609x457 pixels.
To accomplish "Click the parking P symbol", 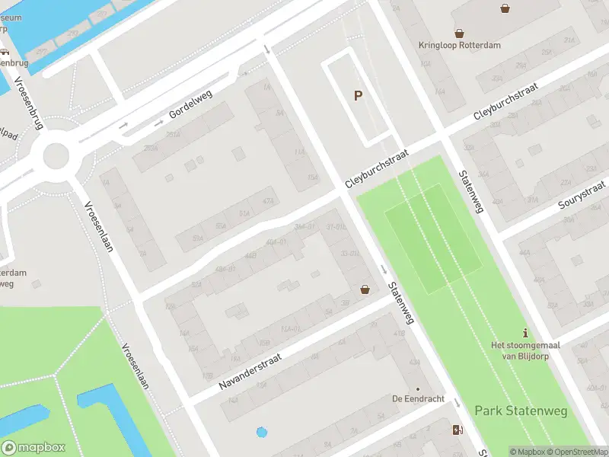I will [357, 96].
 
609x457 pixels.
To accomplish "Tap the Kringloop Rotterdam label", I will [460, 45].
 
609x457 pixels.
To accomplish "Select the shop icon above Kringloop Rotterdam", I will [459, 33].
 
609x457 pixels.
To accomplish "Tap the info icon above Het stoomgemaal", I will [525, 333].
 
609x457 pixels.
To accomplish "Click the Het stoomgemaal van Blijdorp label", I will [525, 350].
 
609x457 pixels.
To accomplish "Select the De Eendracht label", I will [417, 398].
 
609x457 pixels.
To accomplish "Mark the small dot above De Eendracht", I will [417, 388].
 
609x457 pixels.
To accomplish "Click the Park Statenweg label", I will [521, 411].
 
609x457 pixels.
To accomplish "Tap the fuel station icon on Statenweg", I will [457, 430].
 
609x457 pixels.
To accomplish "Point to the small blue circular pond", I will [262, 433].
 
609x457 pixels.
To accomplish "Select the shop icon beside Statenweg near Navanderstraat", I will [365, 289].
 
